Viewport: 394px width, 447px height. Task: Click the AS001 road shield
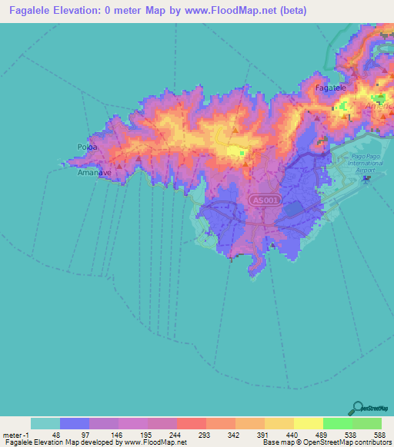[264, 200]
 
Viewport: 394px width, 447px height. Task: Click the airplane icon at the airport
[366, 179]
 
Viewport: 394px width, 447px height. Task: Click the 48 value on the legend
[61, 434]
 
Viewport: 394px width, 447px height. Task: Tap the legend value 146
[119, 434]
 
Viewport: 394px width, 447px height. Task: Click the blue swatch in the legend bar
[75, 423]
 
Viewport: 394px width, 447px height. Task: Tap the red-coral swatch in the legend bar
[191, 423]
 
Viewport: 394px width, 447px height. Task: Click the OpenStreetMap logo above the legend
[372, 410]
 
